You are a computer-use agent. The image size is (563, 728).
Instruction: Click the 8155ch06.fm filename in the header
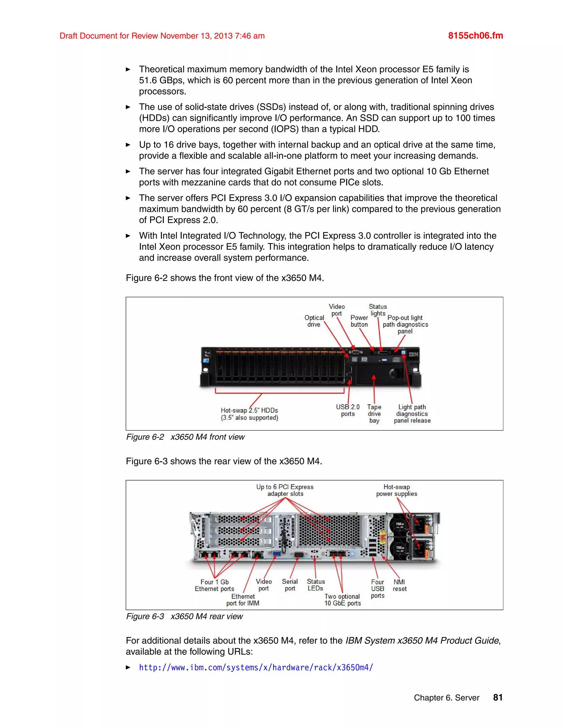click(475, 36)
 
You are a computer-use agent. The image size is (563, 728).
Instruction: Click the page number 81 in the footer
click(498, 697)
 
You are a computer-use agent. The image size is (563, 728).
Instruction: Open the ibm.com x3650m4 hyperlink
click(256, 667)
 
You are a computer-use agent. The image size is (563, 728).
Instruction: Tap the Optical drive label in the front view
click(314, 321)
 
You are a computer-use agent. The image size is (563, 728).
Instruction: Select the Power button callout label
click(359, 321)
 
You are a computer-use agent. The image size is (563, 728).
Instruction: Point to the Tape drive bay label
click(374, 414)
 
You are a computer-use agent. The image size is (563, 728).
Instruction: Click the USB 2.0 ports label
click(347, 410)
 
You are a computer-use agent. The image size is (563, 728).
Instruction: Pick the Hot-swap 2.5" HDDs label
click(249, 414)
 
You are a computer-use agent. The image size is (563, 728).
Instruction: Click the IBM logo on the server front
click(413, 354)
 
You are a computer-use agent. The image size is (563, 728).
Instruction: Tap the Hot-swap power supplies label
click(397, 490)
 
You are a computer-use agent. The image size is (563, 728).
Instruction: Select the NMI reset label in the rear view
click(399, 585)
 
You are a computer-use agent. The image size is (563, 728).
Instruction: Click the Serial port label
click(289, 585)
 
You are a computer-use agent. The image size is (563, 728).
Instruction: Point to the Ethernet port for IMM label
click(243, 600)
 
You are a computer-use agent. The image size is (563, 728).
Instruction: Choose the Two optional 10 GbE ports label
click(343, 600)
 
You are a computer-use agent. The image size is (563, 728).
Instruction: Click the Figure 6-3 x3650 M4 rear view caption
click(184, 616)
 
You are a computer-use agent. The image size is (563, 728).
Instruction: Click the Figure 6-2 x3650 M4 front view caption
click(186, 437)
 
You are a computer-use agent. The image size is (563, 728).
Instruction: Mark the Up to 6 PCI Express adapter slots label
click(285, 490)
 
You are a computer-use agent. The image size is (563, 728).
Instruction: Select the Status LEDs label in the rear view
click(316, 585)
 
